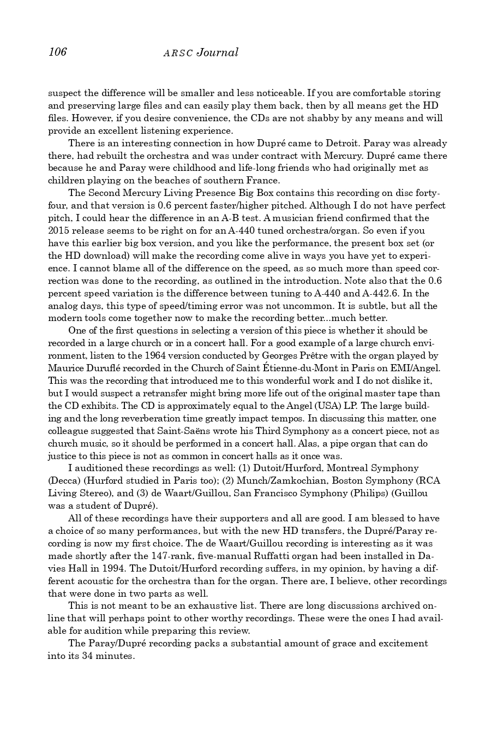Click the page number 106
click(x=57, y=52)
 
